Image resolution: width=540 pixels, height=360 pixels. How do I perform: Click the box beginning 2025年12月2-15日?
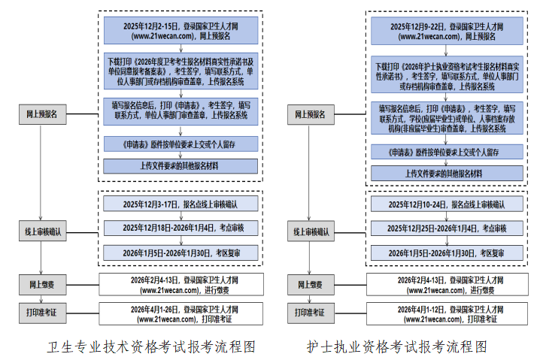pos(181,30)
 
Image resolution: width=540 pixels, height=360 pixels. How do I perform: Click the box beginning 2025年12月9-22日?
pos(447,30)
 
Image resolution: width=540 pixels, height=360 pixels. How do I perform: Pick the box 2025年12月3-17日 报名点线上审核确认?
pos(181,204)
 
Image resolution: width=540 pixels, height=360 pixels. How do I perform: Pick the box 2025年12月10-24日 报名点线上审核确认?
pos(447,204)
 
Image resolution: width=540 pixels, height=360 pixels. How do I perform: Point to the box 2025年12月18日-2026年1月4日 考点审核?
pos(181,228)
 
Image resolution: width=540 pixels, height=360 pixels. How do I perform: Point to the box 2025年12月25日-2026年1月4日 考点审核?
pos(447,228)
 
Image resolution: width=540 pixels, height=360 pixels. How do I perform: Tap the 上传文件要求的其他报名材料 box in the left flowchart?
pos(181,165)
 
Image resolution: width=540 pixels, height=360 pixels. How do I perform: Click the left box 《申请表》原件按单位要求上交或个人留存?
pos(181,143)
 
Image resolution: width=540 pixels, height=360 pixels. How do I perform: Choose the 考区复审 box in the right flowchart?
pos(447,253)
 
